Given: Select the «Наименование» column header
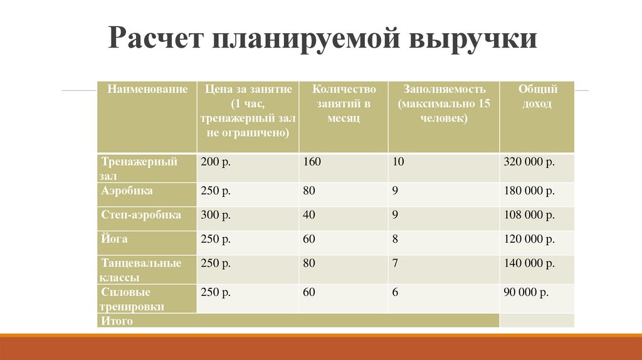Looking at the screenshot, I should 147,90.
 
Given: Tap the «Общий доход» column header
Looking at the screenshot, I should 537,97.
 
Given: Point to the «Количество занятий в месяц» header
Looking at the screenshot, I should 344,103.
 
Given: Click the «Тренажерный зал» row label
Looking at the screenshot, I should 139,169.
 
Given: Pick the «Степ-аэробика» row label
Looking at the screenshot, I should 141,215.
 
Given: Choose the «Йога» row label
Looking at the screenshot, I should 113,239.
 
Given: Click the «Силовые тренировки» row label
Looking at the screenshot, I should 133,299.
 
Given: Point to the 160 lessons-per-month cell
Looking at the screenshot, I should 312,162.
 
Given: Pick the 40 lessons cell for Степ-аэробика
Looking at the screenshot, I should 309,216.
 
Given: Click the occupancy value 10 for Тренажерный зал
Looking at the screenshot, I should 398,162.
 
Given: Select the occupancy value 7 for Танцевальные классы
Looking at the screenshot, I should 395,263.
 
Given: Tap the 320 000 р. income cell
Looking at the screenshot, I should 529,162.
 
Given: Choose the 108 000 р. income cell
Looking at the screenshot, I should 529,216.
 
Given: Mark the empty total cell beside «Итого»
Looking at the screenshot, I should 537,320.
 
